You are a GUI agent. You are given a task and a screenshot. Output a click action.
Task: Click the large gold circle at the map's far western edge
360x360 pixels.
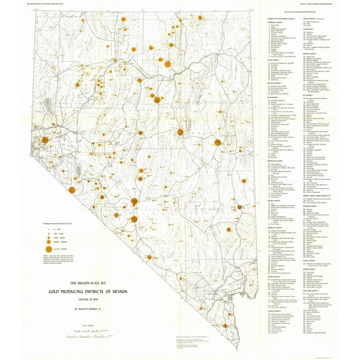pos(44,140)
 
